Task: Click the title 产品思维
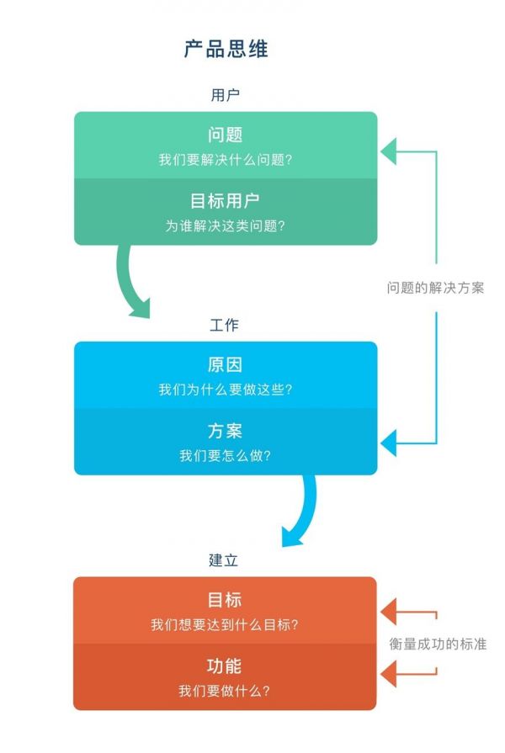(226, 49)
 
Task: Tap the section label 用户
(225, 95)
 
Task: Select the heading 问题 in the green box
(225, 135)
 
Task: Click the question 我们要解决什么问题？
(225, 160)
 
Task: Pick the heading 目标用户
(225, 201)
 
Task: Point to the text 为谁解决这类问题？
(225, 225)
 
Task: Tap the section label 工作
(225, 325)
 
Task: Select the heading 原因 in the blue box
(225, 365)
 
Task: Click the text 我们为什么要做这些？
(225, 390)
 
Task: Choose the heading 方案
(225, 431)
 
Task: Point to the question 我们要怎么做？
(225, 455)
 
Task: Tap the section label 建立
(225, 559)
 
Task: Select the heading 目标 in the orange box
(225, 600)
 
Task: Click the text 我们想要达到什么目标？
(225, 625)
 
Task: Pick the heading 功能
(225, 666)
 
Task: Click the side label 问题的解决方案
(435, 287)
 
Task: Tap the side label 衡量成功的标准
(438, 644)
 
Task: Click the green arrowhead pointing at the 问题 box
(388, 152)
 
